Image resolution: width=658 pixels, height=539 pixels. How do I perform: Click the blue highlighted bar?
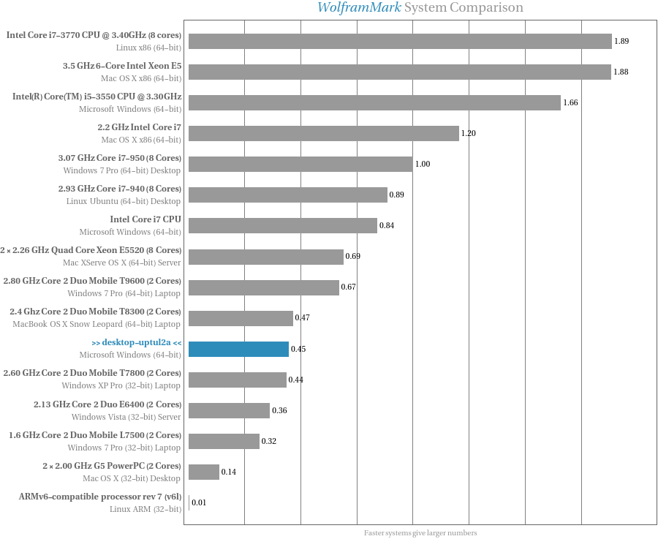[x=238, y=349]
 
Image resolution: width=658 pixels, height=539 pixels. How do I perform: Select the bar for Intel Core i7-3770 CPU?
[x=400, y=41]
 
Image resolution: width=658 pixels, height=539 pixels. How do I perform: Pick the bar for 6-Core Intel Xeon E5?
[x=400, y=72]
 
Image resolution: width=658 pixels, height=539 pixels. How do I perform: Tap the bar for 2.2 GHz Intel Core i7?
[x=324, y=133]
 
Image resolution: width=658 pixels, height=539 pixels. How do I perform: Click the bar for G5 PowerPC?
[x=204, y=472]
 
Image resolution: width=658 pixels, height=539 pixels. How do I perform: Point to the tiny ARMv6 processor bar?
[x=189, y=502]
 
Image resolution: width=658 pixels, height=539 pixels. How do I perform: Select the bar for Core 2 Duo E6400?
[x=229, y=410]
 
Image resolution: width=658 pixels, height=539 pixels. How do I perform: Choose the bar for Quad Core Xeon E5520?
[x=266, y=257]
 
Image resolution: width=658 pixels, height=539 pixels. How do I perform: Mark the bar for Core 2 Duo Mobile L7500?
[x=224, y=441]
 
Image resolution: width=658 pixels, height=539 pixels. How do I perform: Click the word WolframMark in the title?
[x=358, y=8]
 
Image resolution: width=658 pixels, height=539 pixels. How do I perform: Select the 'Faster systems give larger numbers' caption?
[x=420, y=533]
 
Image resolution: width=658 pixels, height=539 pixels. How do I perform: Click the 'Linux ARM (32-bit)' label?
[x=145, y=508]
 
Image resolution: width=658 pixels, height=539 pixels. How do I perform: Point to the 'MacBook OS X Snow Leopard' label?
[x=97, y=323]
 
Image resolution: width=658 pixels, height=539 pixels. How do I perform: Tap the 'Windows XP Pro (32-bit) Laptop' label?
[x=121, y=385]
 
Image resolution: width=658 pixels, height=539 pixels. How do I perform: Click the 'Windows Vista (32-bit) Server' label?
[x=126, y=416]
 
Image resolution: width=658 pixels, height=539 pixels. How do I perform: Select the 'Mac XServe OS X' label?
[x=122, y=262]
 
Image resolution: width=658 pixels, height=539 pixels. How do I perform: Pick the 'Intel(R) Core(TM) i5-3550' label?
[x=97, y=96]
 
